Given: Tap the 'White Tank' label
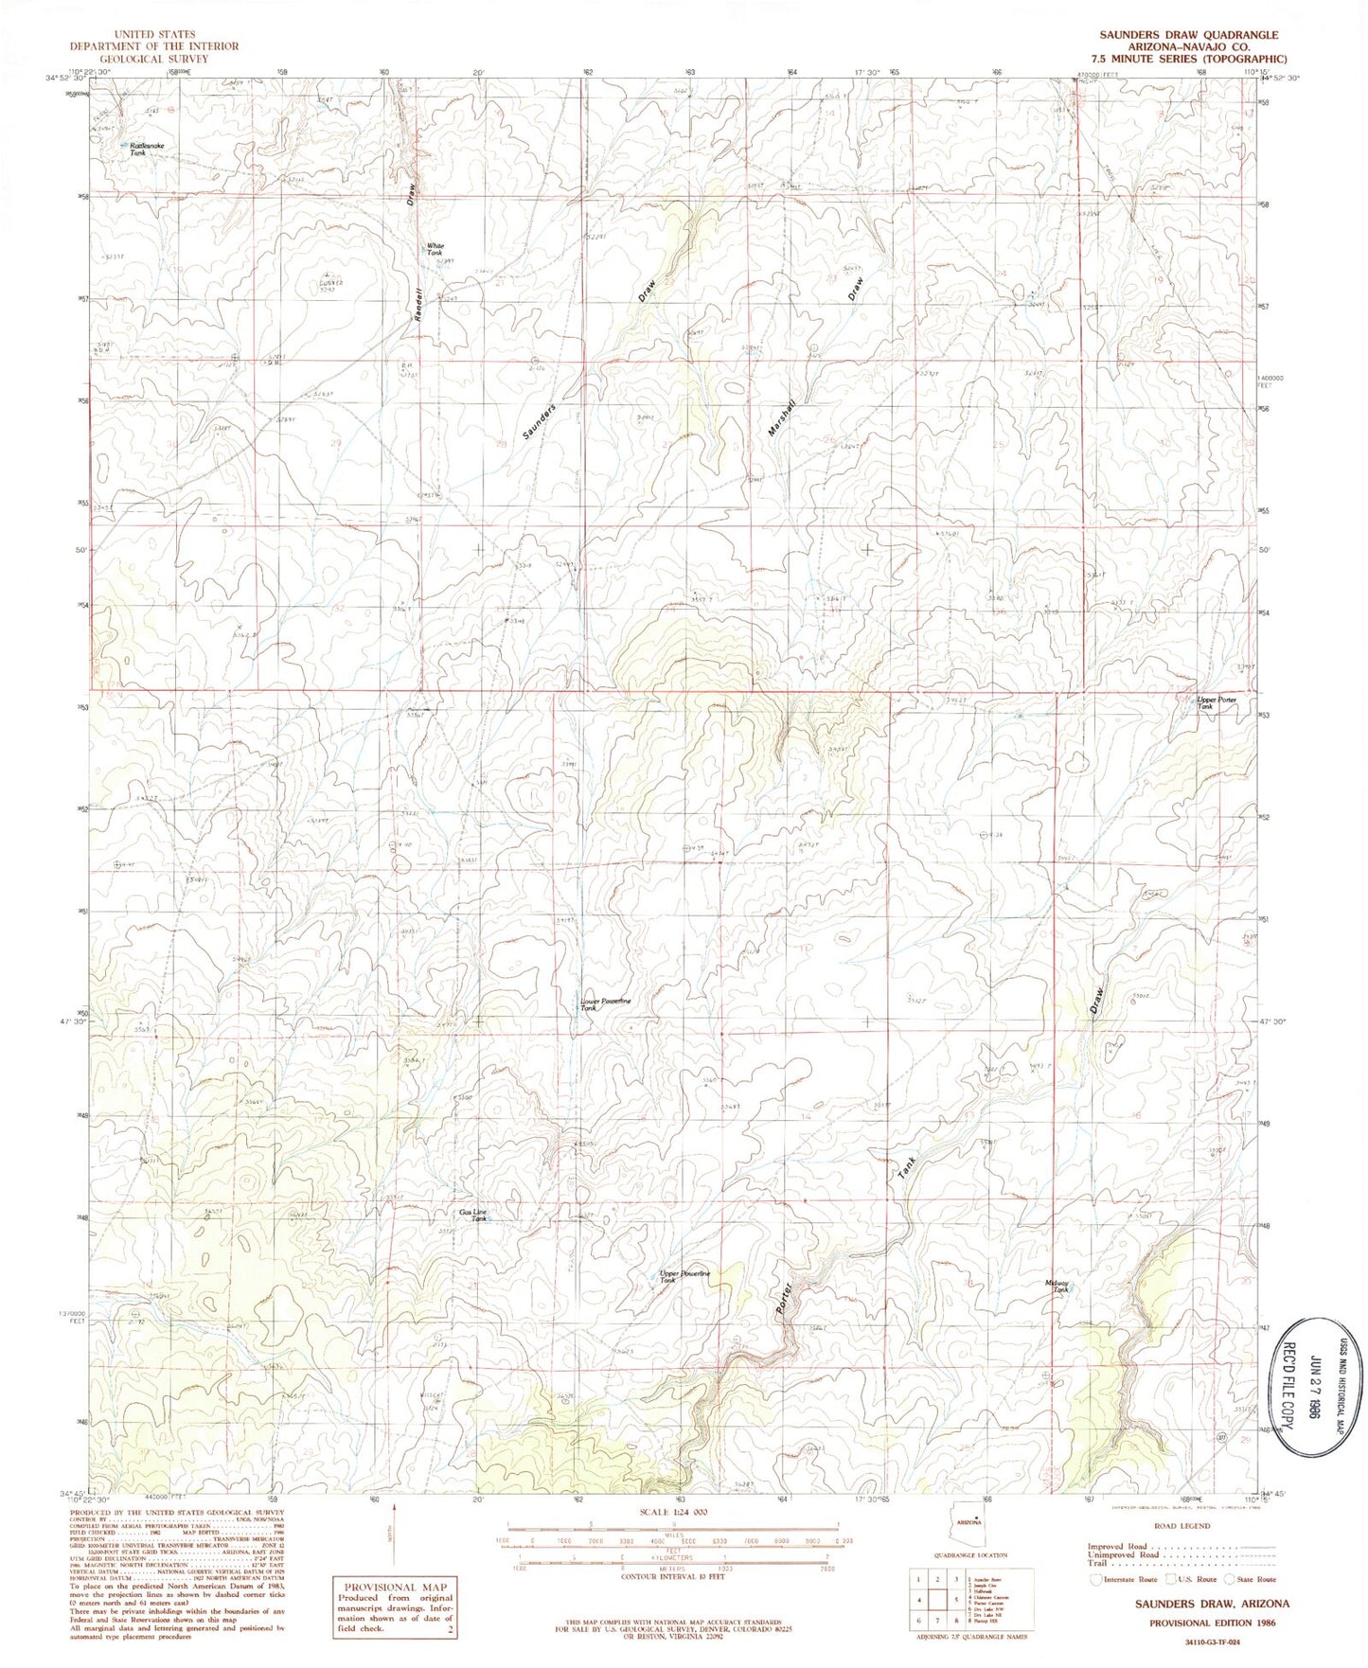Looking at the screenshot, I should point(435,249).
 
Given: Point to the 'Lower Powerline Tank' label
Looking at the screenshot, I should point(605,1004).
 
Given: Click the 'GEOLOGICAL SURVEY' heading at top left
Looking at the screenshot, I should point(157,57).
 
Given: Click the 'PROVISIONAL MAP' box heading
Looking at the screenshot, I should point(393,1588).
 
